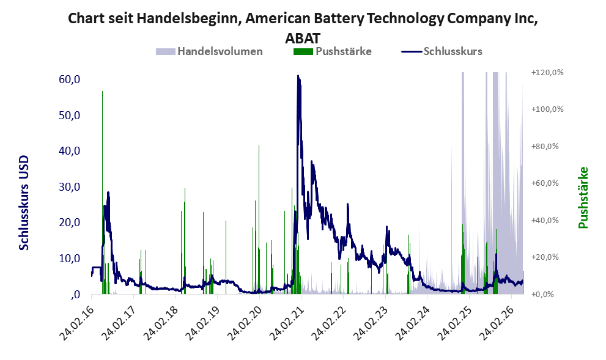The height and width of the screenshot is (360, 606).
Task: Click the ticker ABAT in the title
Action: pos(303,39)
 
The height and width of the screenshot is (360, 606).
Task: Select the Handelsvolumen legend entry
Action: pos(209,51)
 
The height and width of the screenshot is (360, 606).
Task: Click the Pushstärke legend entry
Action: pos(333,51)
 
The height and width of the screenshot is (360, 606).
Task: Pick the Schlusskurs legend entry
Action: pos(442,51)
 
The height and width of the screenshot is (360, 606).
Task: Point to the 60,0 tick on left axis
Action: pos(70,79)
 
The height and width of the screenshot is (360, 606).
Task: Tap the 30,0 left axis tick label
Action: pos(70,187)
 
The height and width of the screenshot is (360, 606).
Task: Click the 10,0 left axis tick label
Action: pos(70,259)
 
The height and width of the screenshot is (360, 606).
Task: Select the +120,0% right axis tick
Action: pos(547,73)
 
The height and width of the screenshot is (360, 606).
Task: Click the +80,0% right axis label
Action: pos(545,147)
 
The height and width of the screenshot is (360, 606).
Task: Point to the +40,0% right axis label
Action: pos(545,220)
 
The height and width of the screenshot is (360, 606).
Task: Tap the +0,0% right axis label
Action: pos(542,295)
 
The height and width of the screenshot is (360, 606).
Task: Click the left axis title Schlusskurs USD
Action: pos(24,202)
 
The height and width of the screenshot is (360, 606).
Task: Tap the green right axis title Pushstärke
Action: pos(583,197)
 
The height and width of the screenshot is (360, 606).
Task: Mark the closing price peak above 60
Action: pos(298,76)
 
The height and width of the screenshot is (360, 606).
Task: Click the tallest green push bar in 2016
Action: pos(102,193)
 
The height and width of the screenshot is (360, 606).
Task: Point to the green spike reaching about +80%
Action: pos(259,220)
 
